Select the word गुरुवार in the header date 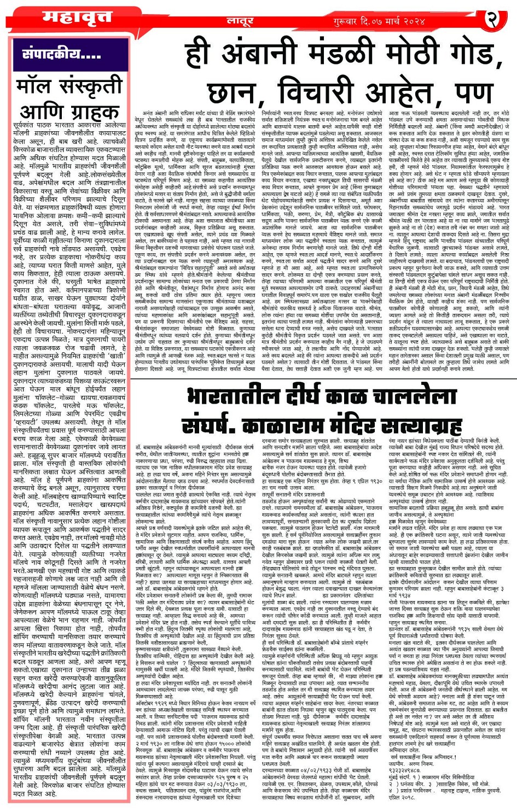pyautogui.click(x=350, y=21)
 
